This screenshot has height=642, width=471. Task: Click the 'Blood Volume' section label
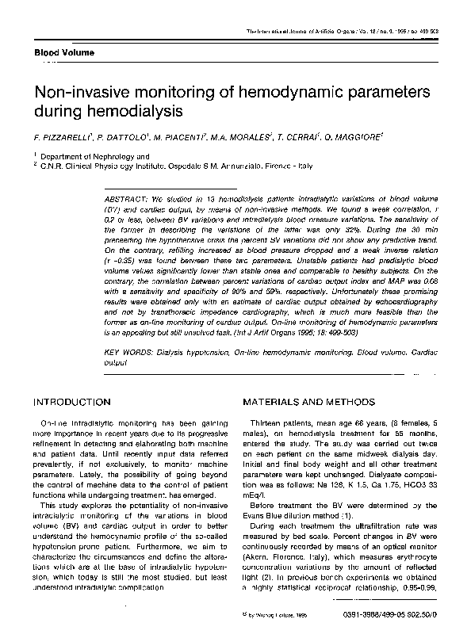click(63, 52)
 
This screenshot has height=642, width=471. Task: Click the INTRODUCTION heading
click(71, 403)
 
